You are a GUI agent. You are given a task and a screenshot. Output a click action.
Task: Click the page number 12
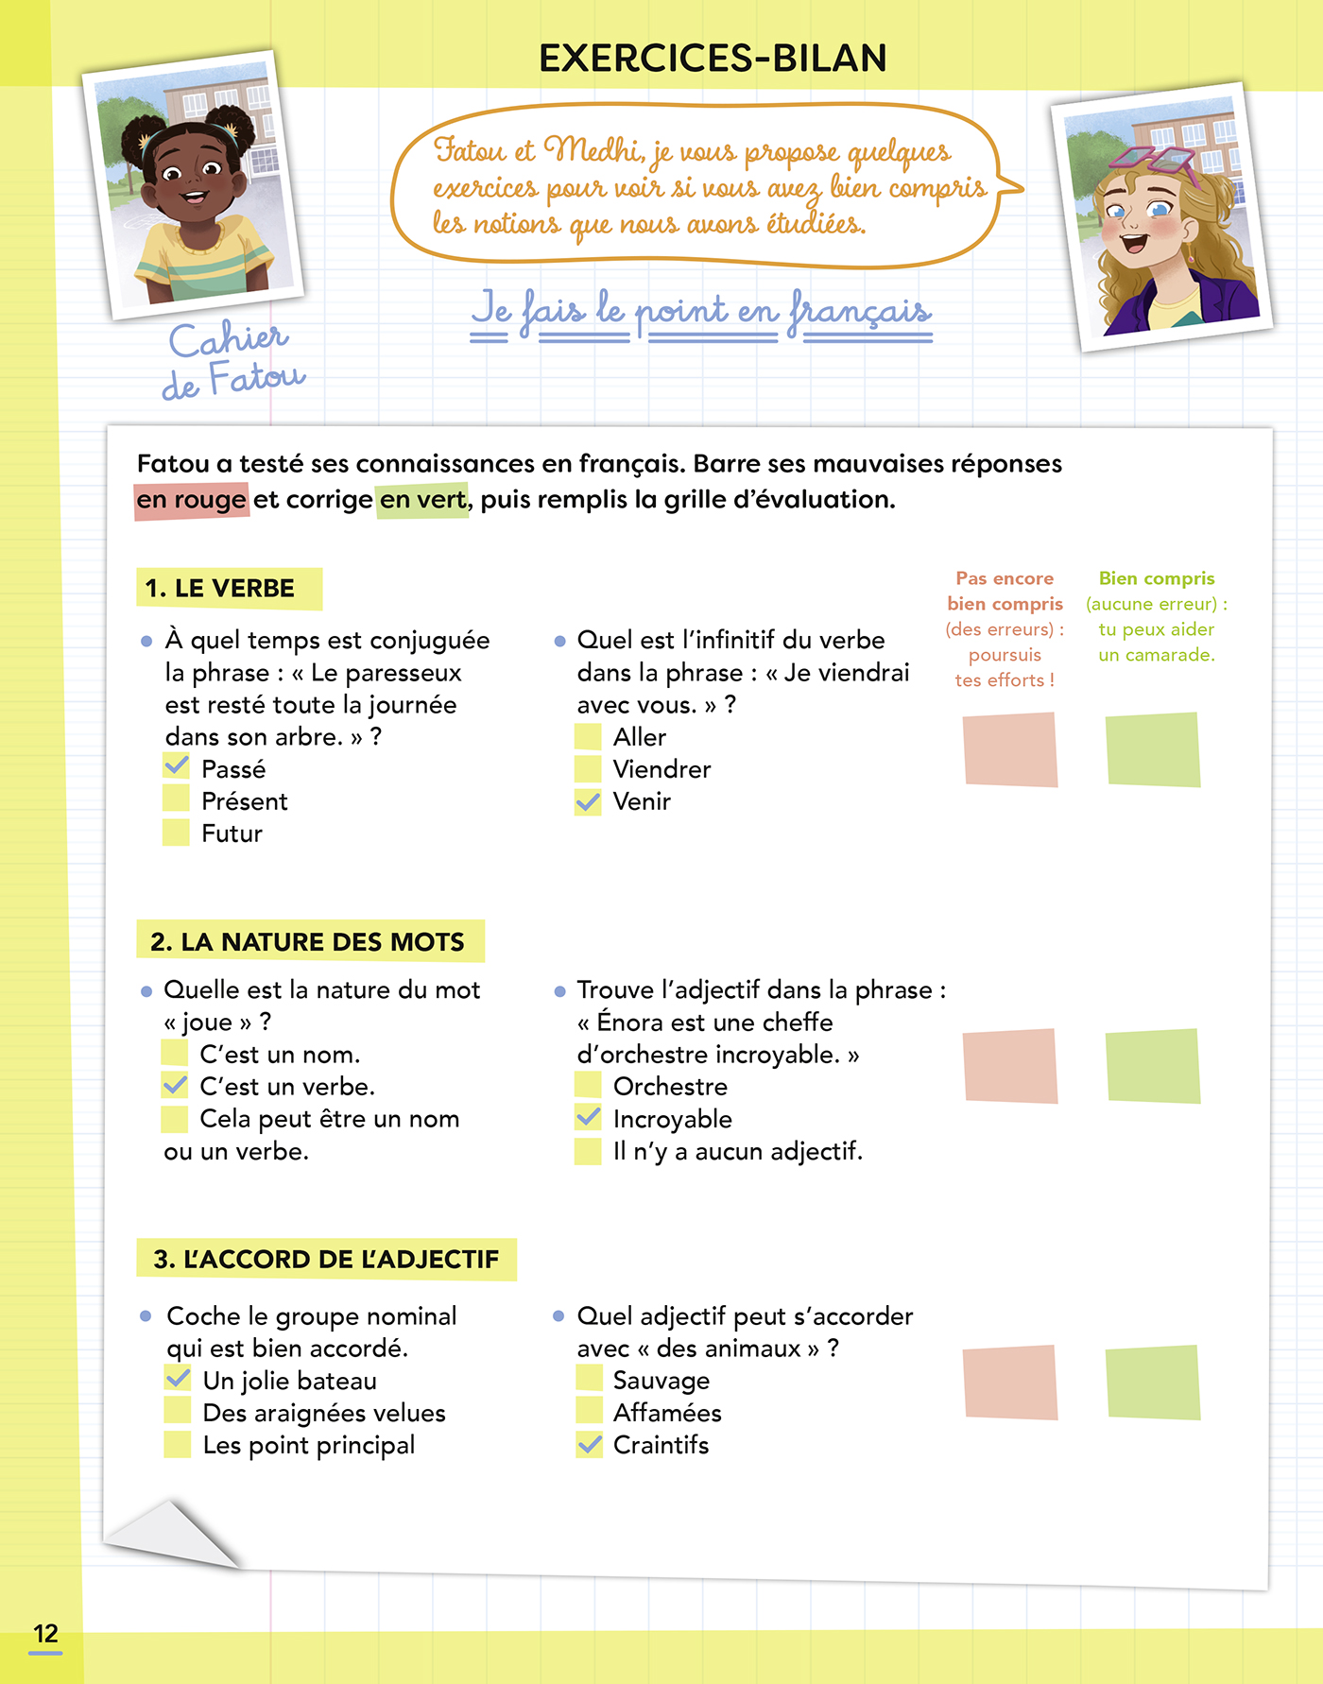(x=45, y=1634)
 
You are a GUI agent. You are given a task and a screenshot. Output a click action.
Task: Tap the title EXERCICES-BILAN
(x=713, y=59)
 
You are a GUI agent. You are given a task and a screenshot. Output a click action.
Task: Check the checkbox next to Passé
(x=177, y=766)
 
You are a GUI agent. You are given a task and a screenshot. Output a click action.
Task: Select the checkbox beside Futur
(x=177, y=833)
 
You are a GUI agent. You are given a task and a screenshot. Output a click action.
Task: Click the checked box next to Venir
(x=588, y=802)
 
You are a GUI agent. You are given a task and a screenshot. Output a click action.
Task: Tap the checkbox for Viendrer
(x=588, y=769)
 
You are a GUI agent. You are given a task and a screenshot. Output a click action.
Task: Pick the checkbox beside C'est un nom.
(x=175, y=1053)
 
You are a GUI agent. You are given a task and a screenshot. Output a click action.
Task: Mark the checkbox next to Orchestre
(x=588, y=1086)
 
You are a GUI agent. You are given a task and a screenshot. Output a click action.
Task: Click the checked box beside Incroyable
(x=588, y=1118)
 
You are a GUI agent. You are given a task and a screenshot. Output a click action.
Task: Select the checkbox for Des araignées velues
(x=178, y=1412)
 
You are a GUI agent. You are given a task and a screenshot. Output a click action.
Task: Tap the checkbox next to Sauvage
(x=589, y=1379)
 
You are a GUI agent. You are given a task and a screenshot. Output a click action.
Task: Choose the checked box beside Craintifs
(x=589, y=1445)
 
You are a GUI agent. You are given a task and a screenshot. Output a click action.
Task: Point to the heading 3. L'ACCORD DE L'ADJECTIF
(x=326, y=1260)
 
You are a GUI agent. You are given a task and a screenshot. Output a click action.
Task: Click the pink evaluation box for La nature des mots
(x=1009, y=1066)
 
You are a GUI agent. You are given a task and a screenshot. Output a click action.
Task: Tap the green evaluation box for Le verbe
(x=1153, y=749)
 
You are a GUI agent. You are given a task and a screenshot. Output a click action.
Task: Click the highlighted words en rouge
(x=192, y=500)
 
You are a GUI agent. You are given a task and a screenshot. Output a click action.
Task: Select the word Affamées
(x=667, y=1413)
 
